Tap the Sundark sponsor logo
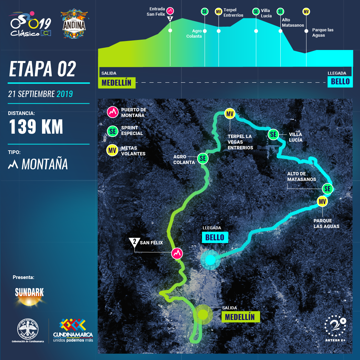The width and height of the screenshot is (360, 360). (29, 295)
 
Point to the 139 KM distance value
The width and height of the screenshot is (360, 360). (36, 127)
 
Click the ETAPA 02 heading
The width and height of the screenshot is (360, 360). (42, 69)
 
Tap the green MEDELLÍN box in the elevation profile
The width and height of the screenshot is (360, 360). (117, 83)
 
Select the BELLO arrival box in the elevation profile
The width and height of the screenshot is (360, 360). (340, 81)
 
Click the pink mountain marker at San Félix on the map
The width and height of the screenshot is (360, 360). (177, 253)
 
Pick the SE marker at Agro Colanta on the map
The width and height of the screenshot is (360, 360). (203, 158)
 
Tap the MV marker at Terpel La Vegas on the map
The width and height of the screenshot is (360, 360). (230, 114)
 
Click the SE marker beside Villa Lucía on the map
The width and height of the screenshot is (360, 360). (273, 134)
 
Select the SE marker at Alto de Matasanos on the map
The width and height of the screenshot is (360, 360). (328, 189)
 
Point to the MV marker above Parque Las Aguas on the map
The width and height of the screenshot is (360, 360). (322, 201)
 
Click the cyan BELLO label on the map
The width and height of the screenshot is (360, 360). (215, 237)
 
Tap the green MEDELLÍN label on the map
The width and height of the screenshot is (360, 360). (240, 317)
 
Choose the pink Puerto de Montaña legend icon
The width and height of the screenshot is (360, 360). (113, 112)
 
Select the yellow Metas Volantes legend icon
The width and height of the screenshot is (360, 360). (112, 150)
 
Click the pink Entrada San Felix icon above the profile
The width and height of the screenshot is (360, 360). (170, 11)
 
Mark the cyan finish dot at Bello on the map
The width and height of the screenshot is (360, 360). (210, 260)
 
